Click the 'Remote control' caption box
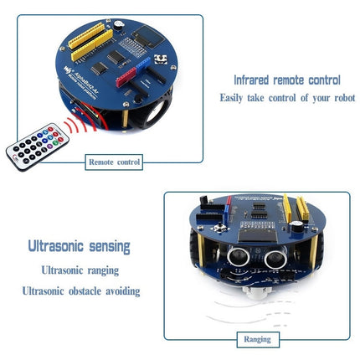tap(115, 162)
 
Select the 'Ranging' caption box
tap(256, 339)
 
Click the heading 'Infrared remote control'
tap(286, 80)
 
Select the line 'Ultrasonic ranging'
tap(80, 270)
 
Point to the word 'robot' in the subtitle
tap(342, 98)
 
